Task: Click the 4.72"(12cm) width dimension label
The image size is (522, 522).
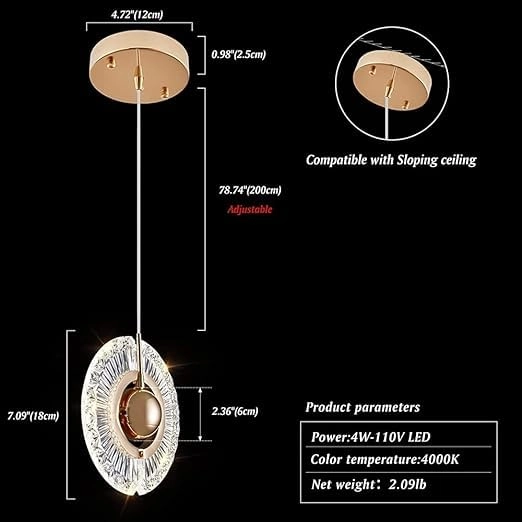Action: click(137, 15)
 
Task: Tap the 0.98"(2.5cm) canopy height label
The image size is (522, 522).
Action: click(239, 54)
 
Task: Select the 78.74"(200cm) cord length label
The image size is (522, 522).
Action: click(250, 190)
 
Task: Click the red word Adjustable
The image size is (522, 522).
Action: click(250, 209)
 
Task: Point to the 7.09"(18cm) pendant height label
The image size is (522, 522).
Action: click(33, 416)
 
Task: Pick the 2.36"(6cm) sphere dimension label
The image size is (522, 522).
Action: click(235, 411)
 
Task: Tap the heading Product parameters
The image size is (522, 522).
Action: click(363, 407)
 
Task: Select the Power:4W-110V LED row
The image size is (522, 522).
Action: click(371, 437)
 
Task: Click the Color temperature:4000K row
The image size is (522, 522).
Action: click(385, 459)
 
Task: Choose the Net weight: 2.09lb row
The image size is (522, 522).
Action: click(368, 484)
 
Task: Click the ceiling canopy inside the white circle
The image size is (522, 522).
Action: click(392, 81)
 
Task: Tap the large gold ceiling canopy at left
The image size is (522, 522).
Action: click(140, 67)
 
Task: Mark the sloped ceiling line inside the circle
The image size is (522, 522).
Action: click(402, 53)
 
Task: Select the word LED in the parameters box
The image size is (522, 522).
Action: click(419, 437)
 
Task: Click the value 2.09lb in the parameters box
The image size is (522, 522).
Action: click(407, 484)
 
